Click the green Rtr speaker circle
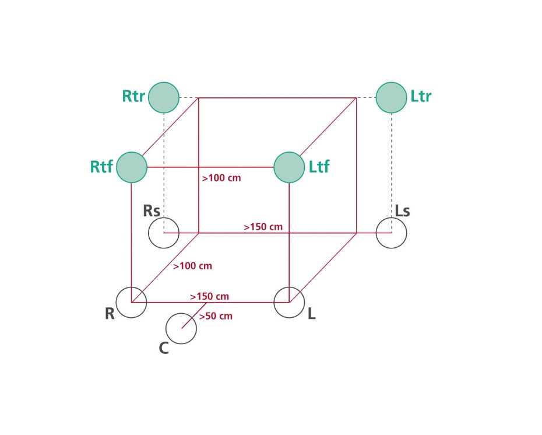tap(164, 97)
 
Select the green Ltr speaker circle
tap(391, 97)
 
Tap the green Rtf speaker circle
tap(131, 167)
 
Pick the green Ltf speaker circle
tap(289, 167)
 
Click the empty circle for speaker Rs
tap(164, 233)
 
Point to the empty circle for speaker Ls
tap(391, 233)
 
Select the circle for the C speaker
tap(181, 328)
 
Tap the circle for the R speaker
tap(131, 303)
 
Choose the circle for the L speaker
tap(289, 303)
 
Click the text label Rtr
tap(133, 96)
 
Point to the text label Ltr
tap(421, 96)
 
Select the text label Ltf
tap(319, 167)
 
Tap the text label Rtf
tap(101, 167)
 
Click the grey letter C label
tap(164, 349)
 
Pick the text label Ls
tap(403, 211)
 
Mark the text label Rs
tap(152, 211)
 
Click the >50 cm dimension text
tap(216, 317)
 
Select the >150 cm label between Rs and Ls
tap(263, 226)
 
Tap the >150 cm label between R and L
tap(209, 296)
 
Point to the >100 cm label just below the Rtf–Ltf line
tap(221, 178)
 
